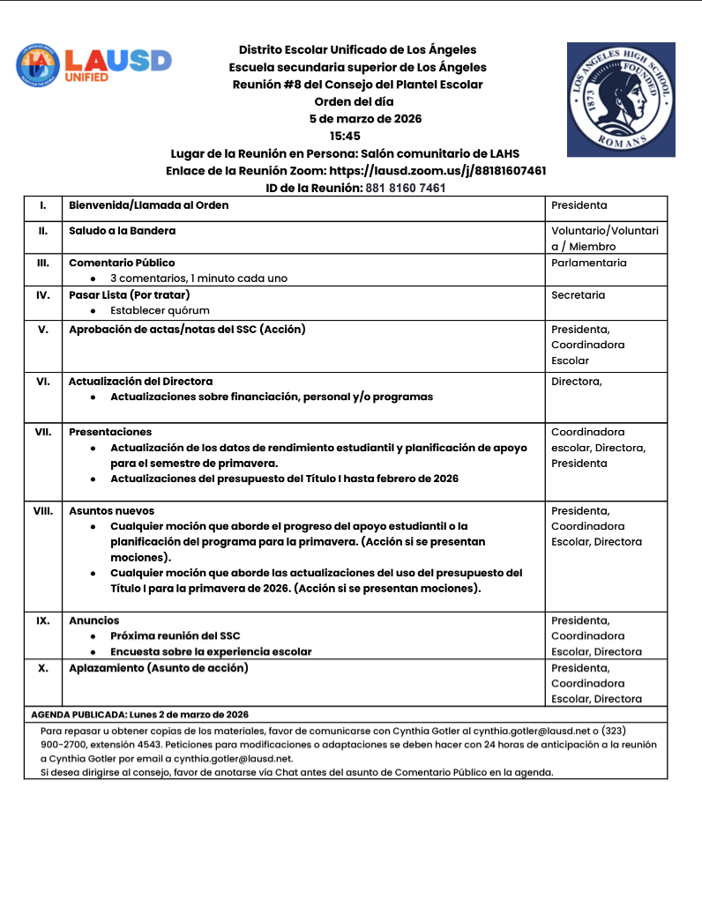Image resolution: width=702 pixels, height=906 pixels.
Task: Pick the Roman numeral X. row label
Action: click(x=43, y=668)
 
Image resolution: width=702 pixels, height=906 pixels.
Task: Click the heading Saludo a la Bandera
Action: click(x=122, y=230)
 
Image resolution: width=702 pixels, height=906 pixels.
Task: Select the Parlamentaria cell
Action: click(x=589, y=263)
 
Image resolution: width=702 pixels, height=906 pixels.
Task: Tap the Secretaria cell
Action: click(x=579, y=295)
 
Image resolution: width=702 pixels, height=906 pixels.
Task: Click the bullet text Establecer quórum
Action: click(x=160, y=310)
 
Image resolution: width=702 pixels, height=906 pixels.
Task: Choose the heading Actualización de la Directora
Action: click(x=140, y=382)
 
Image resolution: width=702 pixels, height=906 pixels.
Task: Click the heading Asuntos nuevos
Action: click(x=111, y=510)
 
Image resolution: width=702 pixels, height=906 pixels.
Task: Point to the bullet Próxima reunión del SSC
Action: click(x=175, y=635)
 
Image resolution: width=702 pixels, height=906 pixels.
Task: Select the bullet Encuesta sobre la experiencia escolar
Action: click(x=211, y=651)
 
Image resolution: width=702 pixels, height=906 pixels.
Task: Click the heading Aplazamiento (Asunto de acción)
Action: click(x=158, y=668)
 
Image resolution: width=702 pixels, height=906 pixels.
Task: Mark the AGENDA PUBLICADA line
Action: click(x=139, y=714)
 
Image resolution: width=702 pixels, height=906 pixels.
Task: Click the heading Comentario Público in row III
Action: click(x=122, y=263)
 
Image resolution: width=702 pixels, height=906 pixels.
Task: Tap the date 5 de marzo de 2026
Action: click(x=365, y=119)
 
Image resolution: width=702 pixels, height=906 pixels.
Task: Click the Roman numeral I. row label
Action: click(x=43, y=205)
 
